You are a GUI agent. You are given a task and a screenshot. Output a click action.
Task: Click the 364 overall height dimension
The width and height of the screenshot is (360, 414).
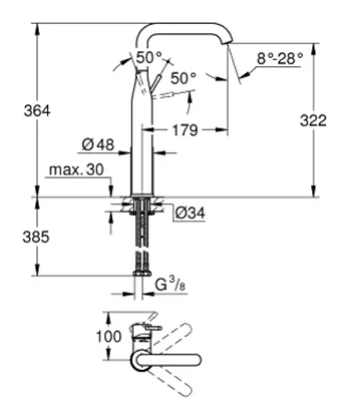(37, 111)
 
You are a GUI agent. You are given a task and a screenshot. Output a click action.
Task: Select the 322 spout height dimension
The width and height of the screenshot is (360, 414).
(314, 121)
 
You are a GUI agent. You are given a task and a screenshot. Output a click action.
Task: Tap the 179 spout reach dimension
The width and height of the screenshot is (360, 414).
(185, 130)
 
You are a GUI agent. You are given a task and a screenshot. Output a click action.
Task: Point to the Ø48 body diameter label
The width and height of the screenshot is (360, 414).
(98, 144)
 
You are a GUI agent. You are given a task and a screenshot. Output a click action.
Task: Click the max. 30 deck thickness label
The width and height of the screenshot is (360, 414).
(76, 169)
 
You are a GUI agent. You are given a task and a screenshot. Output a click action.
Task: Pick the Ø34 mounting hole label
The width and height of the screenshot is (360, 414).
(190, 213)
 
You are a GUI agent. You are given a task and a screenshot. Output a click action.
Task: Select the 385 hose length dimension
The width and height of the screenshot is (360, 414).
(36, 237)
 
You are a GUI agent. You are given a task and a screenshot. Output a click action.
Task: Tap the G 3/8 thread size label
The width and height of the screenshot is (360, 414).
(170, 284)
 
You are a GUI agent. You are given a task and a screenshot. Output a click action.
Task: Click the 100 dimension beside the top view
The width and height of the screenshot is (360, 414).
(108, 336)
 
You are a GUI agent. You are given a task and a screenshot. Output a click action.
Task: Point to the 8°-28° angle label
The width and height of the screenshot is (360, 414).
(280, 59)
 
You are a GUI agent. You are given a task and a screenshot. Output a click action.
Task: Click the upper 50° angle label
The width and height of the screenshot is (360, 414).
(149, 58)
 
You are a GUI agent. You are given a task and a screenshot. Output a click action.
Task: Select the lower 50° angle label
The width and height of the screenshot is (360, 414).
(184, 78)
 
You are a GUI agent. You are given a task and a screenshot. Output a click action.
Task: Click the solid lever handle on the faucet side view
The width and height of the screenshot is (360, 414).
(155, 82)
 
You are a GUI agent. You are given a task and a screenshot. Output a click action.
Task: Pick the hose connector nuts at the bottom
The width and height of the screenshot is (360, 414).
(142, 272)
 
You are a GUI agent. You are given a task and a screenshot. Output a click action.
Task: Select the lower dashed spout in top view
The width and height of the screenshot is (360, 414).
(170, 383)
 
